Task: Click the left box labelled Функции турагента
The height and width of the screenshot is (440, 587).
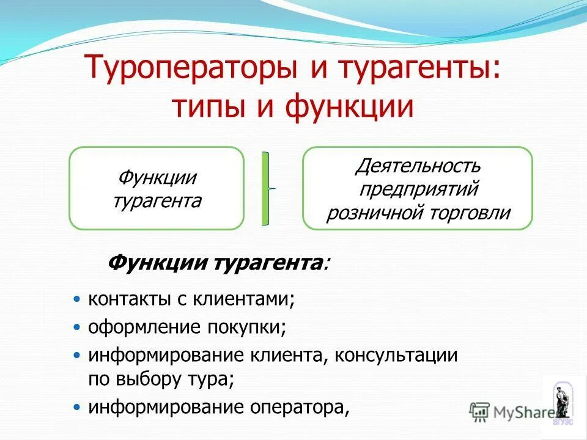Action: tap(157, 188)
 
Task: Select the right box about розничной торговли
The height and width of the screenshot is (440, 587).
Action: tap(418, 188)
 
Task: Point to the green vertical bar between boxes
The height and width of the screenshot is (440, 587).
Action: tap(266, 188)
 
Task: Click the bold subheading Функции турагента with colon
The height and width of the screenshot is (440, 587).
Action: tap(217, 263)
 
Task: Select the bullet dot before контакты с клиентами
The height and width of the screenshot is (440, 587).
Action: tap(76, 299)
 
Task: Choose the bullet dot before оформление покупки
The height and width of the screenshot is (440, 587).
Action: tap(76, 326)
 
